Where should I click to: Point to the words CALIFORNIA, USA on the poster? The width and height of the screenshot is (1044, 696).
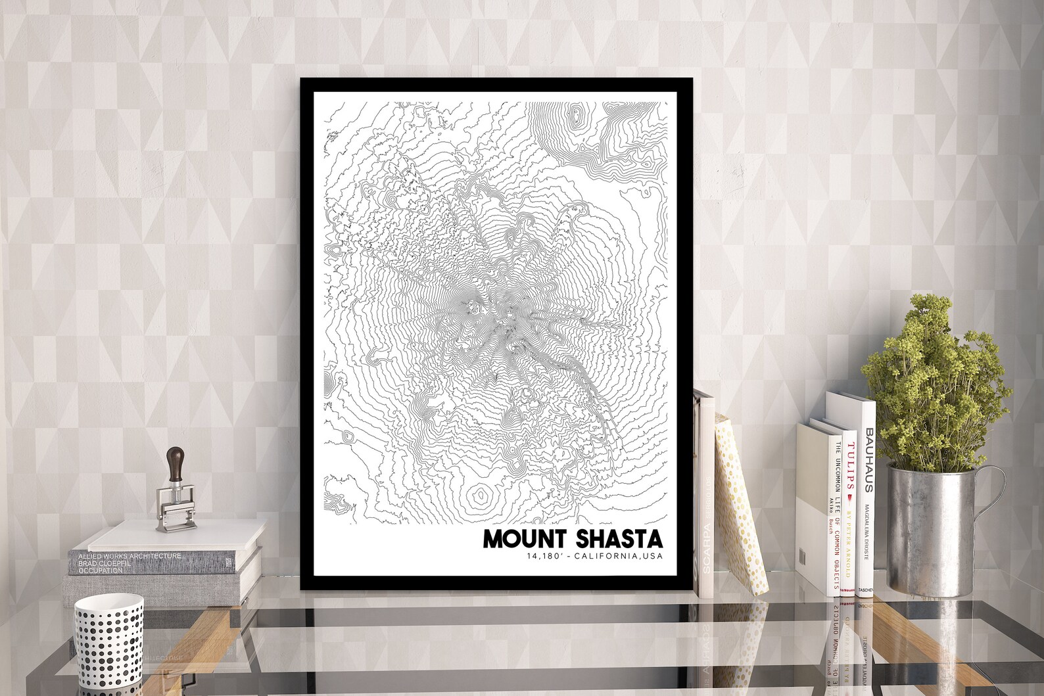click(619, 557)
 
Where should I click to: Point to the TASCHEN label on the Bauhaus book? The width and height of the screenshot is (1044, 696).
click(866, 590)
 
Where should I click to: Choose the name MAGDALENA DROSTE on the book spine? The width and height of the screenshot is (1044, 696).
click(868, 526)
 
